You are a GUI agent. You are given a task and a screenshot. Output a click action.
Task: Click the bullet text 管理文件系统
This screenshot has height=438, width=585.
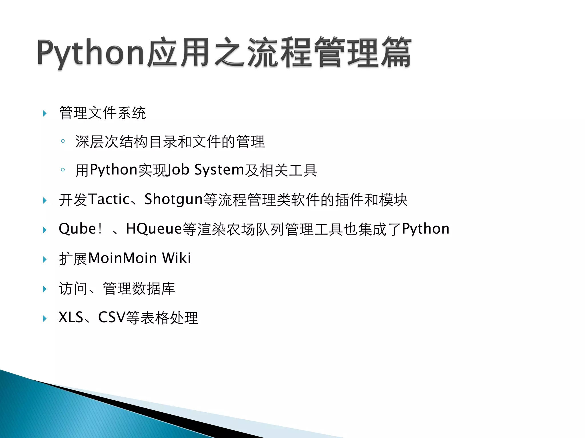tap(102, 113)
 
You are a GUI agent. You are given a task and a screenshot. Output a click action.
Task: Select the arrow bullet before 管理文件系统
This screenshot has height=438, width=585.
tap(45, 113)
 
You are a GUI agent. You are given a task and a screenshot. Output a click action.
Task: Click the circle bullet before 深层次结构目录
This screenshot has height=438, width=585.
tap(63, 141)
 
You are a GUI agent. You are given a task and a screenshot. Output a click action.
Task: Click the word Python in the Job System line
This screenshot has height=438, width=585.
tap(114, 170)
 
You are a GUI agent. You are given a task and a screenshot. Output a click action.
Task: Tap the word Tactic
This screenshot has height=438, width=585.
tap(109, 199)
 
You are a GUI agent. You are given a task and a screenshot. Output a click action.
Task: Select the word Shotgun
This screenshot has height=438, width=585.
tap(173, 200)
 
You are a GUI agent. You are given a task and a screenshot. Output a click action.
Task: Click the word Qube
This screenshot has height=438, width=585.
tap(77, 229)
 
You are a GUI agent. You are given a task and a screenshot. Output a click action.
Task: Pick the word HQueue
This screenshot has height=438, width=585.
tap(154, 229)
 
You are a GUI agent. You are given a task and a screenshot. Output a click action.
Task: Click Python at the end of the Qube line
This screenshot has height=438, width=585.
tap(426, 229)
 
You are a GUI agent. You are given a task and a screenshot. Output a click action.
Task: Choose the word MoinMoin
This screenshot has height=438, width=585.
tap(123, 258)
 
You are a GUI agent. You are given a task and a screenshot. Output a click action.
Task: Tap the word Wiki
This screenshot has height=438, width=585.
tap(177, 258)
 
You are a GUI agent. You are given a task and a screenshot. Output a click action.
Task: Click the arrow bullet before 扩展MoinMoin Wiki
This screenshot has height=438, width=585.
tap(45, 259)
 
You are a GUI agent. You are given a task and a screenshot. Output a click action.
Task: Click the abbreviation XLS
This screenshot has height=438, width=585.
tap(71, 317)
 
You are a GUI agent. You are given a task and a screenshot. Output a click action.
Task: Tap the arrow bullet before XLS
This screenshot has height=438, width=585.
tap(45, 318)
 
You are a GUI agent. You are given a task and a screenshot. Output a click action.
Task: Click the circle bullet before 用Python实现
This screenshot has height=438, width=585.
tap(63, 170)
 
